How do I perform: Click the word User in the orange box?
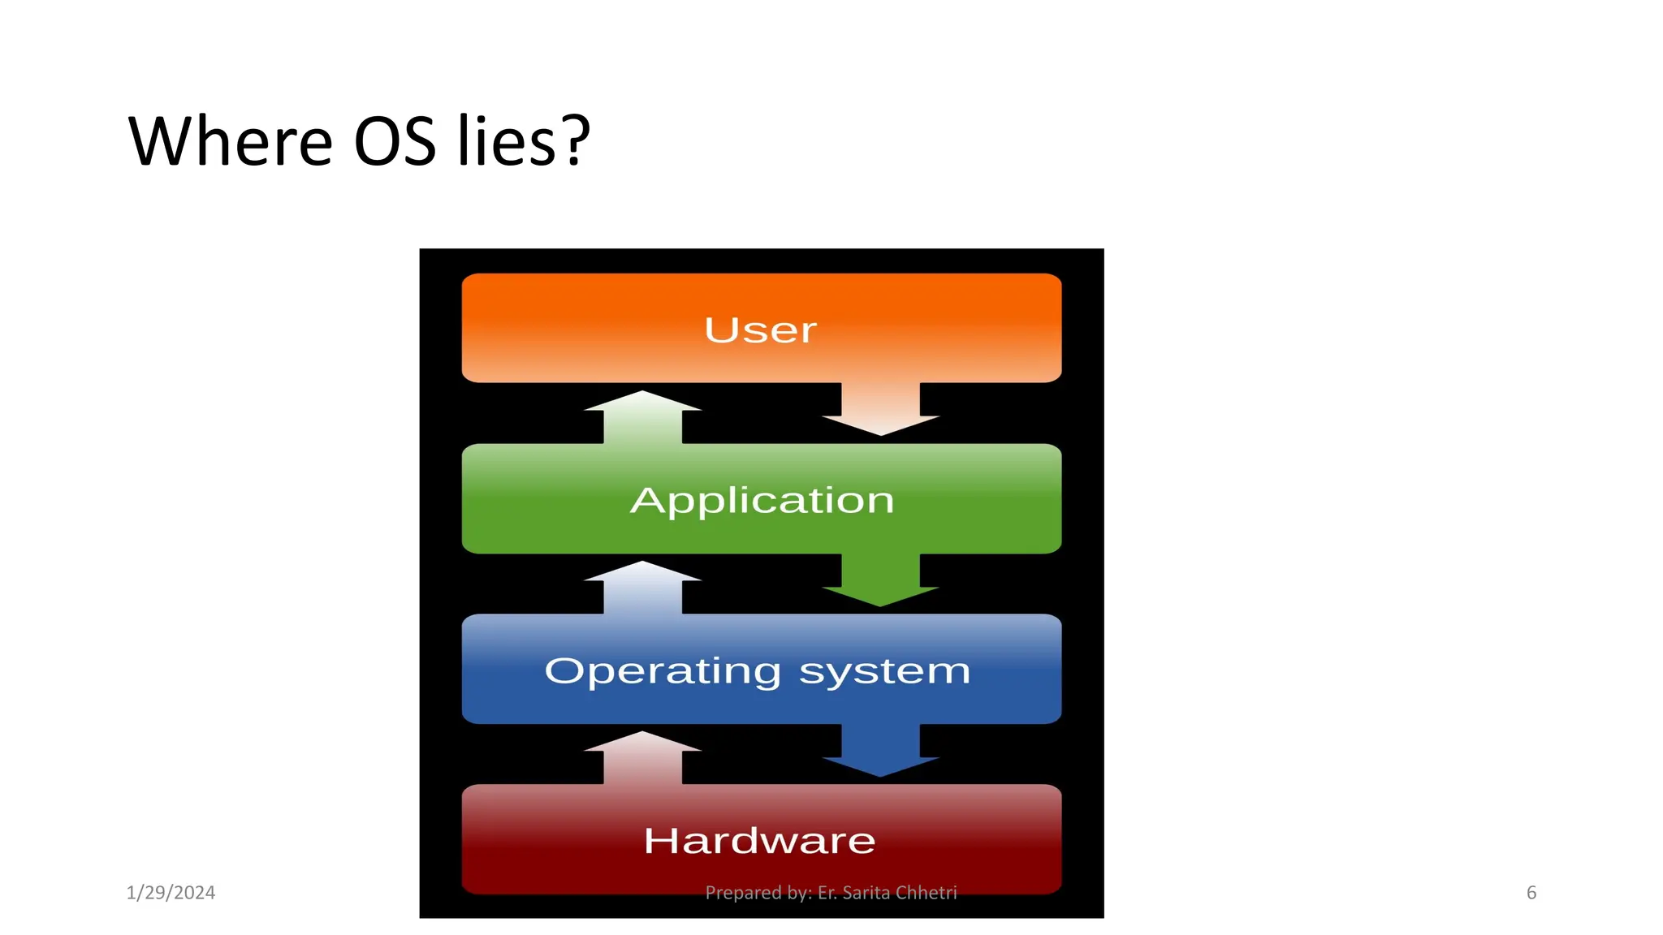(x=760, y=330)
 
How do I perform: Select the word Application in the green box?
(x=762, y=501)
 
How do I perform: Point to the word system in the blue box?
(x=884, y=672)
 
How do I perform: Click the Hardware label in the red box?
(x=760, y=841)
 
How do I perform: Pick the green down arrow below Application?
(x=880, y=580)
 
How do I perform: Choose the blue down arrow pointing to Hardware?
(x=880, y=750)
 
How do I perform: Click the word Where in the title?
(x=231, y=142)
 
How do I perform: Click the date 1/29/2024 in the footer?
(x=171, y=893)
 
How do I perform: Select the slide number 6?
(x=1531, y=893)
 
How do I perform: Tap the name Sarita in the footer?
(x=866, y=893)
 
